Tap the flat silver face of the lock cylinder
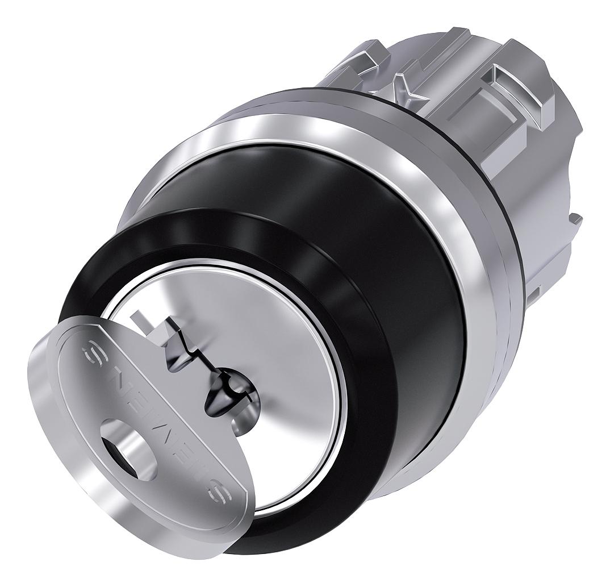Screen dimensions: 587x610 [284, 352]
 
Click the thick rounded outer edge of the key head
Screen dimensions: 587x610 [74, 455]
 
